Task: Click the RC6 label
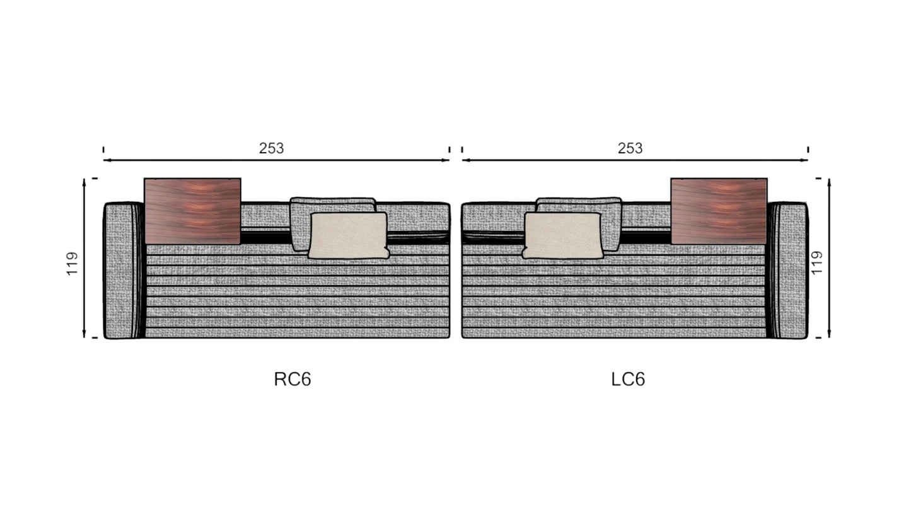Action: [x=293, y=379]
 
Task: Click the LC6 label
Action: [x=628, y=379]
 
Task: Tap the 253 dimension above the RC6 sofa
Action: [x=271, y=148]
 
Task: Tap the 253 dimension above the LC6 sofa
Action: [x=630, y=148]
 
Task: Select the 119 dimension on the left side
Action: [x=72, y=263]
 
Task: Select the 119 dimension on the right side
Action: [x=816, y=262]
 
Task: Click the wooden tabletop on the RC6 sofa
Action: [x=192, y=211]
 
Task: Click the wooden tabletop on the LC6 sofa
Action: [x=719, y=211]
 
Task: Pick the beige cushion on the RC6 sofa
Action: [x=348, y=235]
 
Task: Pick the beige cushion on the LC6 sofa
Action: [x=562, y=235]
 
